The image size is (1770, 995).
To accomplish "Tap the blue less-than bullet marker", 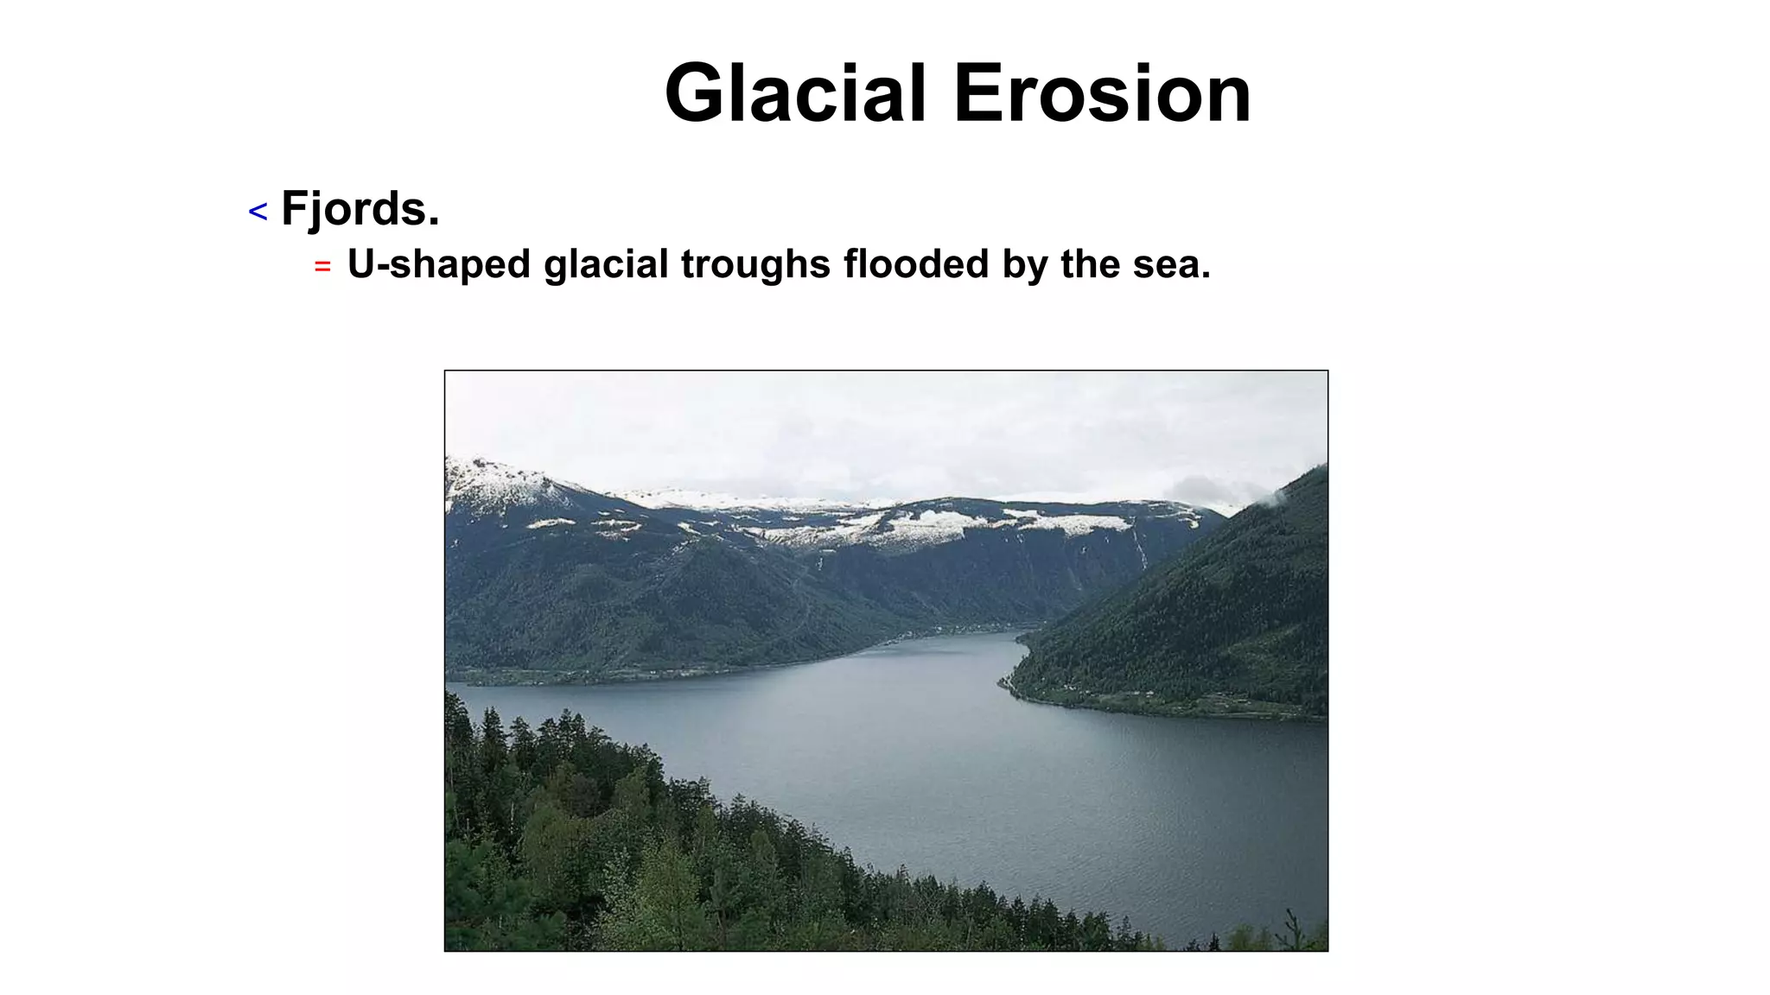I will point(258,212).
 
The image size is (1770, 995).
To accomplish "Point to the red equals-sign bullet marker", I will point(322,267).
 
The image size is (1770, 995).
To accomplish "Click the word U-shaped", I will point(438,264).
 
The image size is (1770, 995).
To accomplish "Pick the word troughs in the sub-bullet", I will point(755,264).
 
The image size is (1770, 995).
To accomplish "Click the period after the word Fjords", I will point(434,223).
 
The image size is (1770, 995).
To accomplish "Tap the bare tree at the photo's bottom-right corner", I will point(1292,929).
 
